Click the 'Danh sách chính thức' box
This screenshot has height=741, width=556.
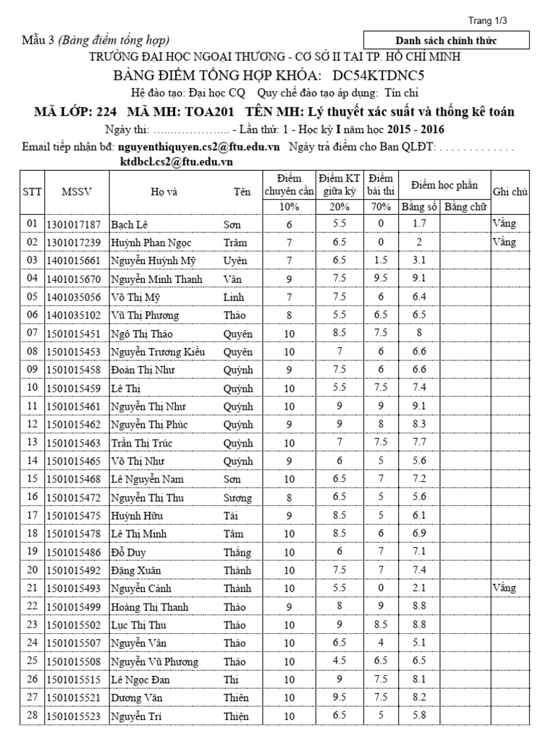click(x=445, y=41)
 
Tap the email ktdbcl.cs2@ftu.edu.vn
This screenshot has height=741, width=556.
click(x=176, y=162)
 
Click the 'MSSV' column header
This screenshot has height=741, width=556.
click(x=76, y=192)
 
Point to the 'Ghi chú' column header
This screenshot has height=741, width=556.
click(x=511, y=192)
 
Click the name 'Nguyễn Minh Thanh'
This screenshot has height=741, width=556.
click(x=156, y=279)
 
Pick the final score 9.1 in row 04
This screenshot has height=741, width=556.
click(x=418, y=279)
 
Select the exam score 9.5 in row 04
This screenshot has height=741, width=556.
click(x=379, y=279)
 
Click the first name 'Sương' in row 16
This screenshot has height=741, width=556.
click(x=237, y=497)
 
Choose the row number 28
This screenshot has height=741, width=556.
click(x=31, y=716)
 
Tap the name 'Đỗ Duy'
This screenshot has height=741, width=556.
click(x=128, y=551)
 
